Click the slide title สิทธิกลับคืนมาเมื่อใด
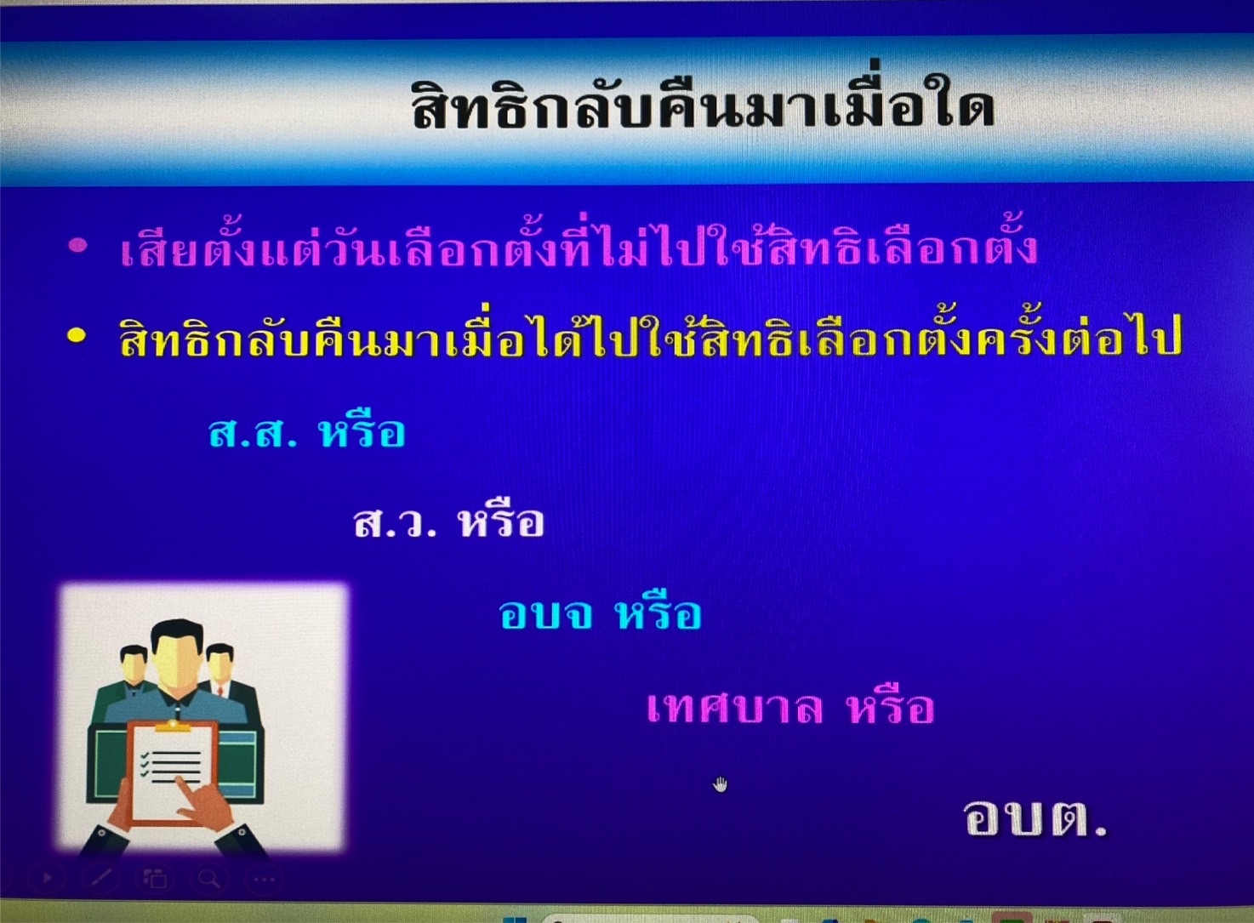pos(703,105)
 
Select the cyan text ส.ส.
pos(253,433)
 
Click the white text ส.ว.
pos(396,523)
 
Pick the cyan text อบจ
pos(545,613)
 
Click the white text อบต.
pos(1035,819)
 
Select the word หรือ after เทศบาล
pos(892,706)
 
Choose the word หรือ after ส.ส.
pos(362,431)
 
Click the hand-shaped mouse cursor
pos(720,784)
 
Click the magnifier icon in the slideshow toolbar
pos(208,879)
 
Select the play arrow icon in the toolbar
pos(47,878)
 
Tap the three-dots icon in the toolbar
pos(265,880)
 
